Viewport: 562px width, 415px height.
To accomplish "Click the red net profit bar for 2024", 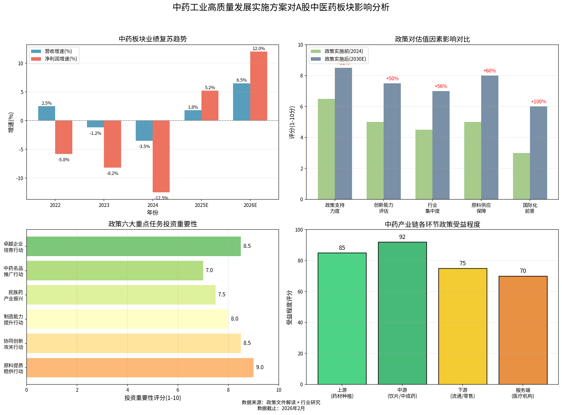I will [161, 156].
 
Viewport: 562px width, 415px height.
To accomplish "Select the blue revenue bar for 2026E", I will [241, 102].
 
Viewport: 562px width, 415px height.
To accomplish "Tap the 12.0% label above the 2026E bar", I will [258, 48].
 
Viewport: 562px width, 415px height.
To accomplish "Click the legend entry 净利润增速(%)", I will [61, 59].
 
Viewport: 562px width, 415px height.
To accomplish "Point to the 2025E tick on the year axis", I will [201, 205].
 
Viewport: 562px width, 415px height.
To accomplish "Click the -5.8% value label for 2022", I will [64, 160].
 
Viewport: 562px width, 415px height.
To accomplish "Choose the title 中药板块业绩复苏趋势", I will [153, 39].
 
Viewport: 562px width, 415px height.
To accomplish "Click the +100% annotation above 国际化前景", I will [538, 101].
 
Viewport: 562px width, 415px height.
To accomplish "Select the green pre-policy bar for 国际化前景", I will [521, 176].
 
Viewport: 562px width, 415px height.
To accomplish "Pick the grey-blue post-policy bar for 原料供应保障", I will [490, 137].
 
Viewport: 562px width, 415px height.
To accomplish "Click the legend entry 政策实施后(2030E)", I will [345, 59].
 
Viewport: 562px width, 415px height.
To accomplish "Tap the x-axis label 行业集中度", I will [432, 208].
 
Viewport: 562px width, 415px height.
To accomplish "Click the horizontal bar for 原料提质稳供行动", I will [140, 367].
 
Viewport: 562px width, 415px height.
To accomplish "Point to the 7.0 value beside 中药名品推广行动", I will [209, 270].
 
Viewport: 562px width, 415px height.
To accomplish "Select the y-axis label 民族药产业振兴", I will [13, 295].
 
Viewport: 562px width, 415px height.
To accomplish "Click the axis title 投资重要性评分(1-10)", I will [153, 398].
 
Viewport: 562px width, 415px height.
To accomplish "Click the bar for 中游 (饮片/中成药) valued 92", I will [402, 313].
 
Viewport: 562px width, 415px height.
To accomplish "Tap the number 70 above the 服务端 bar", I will [523, 271].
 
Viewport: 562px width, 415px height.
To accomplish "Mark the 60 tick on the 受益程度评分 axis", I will [300, 292].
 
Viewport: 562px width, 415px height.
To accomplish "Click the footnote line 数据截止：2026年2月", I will [281, 408].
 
